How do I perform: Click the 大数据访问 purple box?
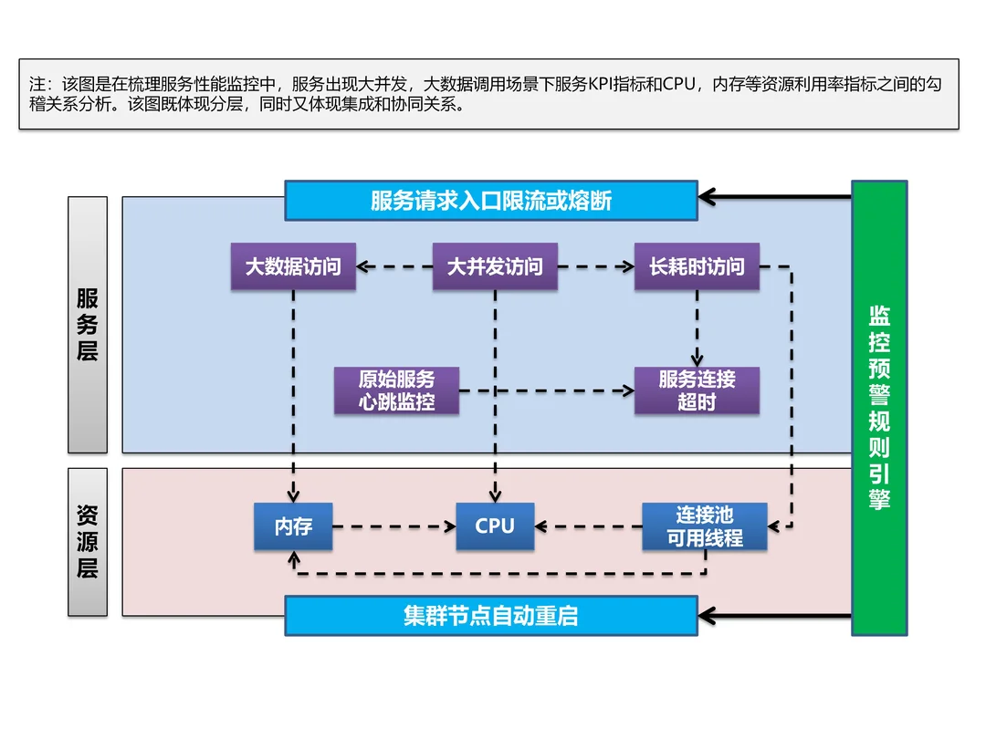293,267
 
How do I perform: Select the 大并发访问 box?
495,267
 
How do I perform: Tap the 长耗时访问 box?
697,267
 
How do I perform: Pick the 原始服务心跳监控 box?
396,390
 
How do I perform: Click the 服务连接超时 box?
697,390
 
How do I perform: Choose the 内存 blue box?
293,526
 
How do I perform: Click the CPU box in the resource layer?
495,526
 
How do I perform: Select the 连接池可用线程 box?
704,526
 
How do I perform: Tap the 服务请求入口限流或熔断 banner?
491,201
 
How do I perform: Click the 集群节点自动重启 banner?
491,616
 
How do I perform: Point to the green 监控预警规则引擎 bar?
879,408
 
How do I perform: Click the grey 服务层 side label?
88,325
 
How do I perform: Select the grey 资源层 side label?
88,542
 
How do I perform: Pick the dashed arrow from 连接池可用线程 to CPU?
588,526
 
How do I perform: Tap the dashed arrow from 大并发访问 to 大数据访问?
394,267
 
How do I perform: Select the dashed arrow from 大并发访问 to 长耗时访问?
595,267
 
